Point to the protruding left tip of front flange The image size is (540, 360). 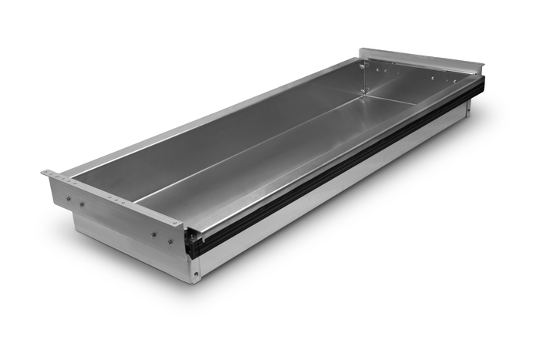tap(45, 173)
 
